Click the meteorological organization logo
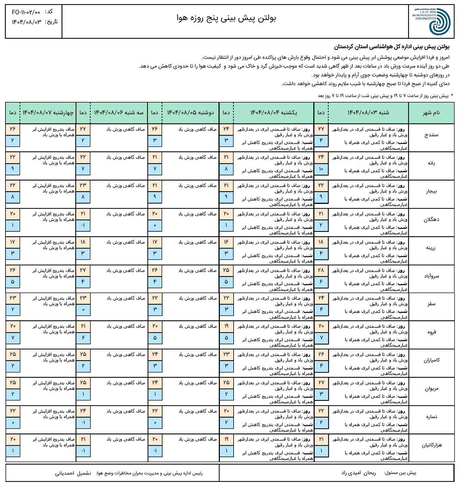click(431, 21)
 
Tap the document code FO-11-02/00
click(26, 12)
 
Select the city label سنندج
click(431, 135)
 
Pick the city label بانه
click(431, 163)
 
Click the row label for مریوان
click(431, 389)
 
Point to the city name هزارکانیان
click(431, 445)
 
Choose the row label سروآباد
click(431, 276)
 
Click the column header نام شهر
click(431, 113)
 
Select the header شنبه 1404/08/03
click(368, 113)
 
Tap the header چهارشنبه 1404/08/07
click(48, 113)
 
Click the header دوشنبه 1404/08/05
click(190, 113)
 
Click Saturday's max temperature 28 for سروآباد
click(321, 270)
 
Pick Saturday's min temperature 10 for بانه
click(321, 169)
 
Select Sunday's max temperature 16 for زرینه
click(226, 242)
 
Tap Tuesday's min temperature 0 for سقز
click(83, 310)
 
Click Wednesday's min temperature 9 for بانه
click(13, 169)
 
